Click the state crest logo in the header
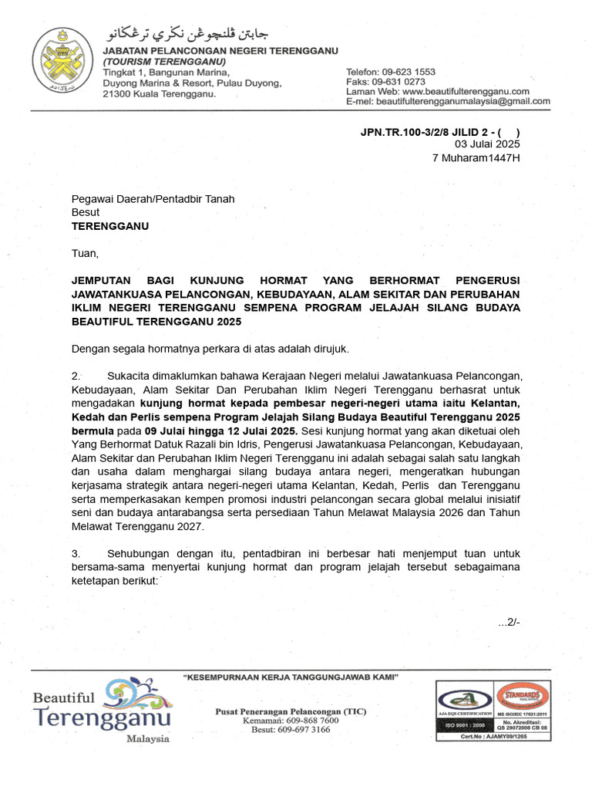62,61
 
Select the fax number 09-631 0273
402,81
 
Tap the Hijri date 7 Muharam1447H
476,158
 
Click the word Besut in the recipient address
86,212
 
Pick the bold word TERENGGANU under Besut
110,226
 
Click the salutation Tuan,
86,253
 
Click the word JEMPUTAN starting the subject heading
103,280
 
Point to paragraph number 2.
76,376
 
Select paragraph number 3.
76,554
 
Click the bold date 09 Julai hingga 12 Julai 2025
224,430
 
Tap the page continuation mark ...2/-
509,623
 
